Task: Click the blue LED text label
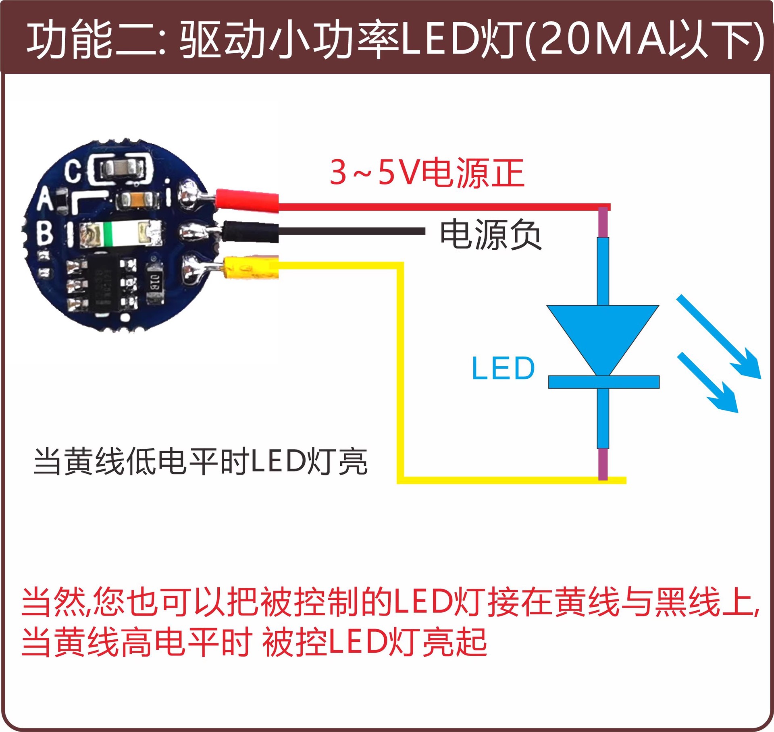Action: pyautogui.click(x=503, y=368)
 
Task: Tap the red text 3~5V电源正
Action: pyautogui.click(x=427, y=173)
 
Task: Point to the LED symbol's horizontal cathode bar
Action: pyautogui.click(x=603, y=382)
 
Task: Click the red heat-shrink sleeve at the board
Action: pyautogui.click(x=247, y=200)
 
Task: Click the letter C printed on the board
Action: pyautogui.click(x=73, y=171)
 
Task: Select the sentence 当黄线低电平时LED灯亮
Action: pyautogui.click(x=200, y=462)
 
